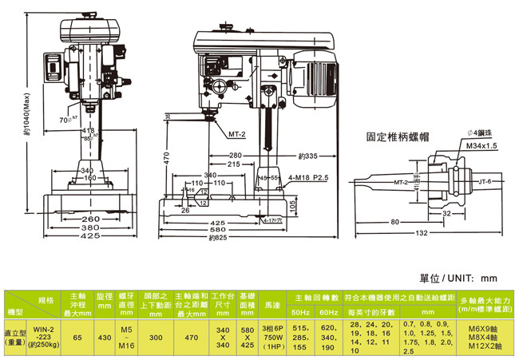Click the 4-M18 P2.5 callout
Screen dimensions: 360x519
pos(306,180)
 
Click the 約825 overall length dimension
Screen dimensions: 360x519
pos(219,237)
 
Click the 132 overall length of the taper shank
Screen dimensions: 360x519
pos(422,232)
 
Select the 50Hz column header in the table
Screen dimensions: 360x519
pos(300,310)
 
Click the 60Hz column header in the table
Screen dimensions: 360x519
pos(327,310)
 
